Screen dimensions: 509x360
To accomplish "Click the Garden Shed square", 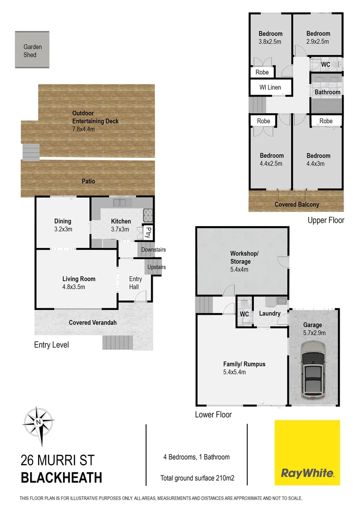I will (x=32, y=50).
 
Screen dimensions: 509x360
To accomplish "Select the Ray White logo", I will (x=307, y=453).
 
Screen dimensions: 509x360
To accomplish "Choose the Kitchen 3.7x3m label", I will (x=121, y=225).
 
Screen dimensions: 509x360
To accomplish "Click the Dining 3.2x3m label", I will (x=63, y=225).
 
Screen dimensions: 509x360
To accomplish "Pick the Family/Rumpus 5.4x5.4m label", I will (x=244, y=368).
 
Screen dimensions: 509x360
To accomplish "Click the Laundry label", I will (x=270, y=313).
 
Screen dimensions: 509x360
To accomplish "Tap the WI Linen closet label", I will (x=270, y=88).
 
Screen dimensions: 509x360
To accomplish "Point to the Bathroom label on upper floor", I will (x=327, y=92).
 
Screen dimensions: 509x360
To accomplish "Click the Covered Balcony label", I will (x=297, y=205).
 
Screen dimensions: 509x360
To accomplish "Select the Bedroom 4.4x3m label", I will (x=318, y=160).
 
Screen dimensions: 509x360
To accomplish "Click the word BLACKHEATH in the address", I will (x=61, y=477).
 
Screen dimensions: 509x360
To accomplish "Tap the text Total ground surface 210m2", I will (x=197, y=478).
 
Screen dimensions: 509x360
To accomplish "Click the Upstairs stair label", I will (x=156, y=267).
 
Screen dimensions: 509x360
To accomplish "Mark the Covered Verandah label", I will (x=93, y=323).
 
